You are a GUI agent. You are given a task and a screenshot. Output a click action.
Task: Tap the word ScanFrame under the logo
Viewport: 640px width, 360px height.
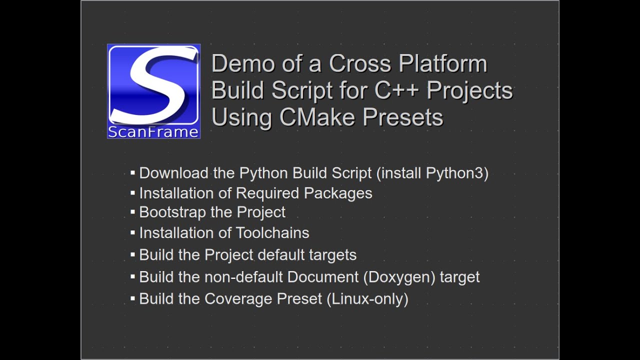[x=153, y=132]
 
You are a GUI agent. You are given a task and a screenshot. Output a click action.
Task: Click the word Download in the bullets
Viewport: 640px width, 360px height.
[x=173, y=173]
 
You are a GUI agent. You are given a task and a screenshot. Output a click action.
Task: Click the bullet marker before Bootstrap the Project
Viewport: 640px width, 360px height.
[x=133, y=212]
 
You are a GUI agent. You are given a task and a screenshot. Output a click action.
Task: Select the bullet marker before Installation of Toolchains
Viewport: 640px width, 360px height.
[x=133, y=233]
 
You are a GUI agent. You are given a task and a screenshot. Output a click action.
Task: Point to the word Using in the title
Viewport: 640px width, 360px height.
[x=242, y=117]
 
